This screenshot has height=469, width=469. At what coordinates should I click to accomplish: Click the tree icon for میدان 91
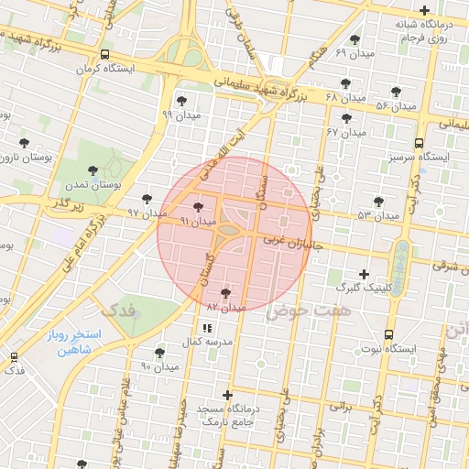coord(199,208)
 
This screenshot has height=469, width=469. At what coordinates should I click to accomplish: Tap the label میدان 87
coord(226,307)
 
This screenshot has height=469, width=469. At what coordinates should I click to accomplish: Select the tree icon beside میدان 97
coord(147,199)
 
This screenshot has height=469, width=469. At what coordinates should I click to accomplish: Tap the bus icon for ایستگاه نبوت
coord(389,335)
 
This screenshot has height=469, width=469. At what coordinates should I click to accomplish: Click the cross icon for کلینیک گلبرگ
coord(364,274)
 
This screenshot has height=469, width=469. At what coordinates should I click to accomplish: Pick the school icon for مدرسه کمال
coord(206,327)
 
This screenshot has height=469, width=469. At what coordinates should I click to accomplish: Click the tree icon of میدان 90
coord(159,353)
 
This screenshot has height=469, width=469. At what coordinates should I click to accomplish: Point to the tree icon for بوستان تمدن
coord(92,170)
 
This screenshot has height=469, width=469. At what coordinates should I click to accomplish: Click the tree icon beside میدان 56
coord(396,92)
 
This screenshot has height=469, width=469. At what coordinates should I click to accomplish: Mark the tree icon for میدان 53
coord(378,202)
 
